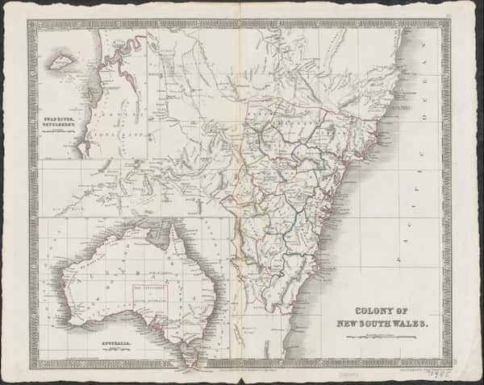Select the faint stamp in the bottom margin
tap(348, 372)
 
